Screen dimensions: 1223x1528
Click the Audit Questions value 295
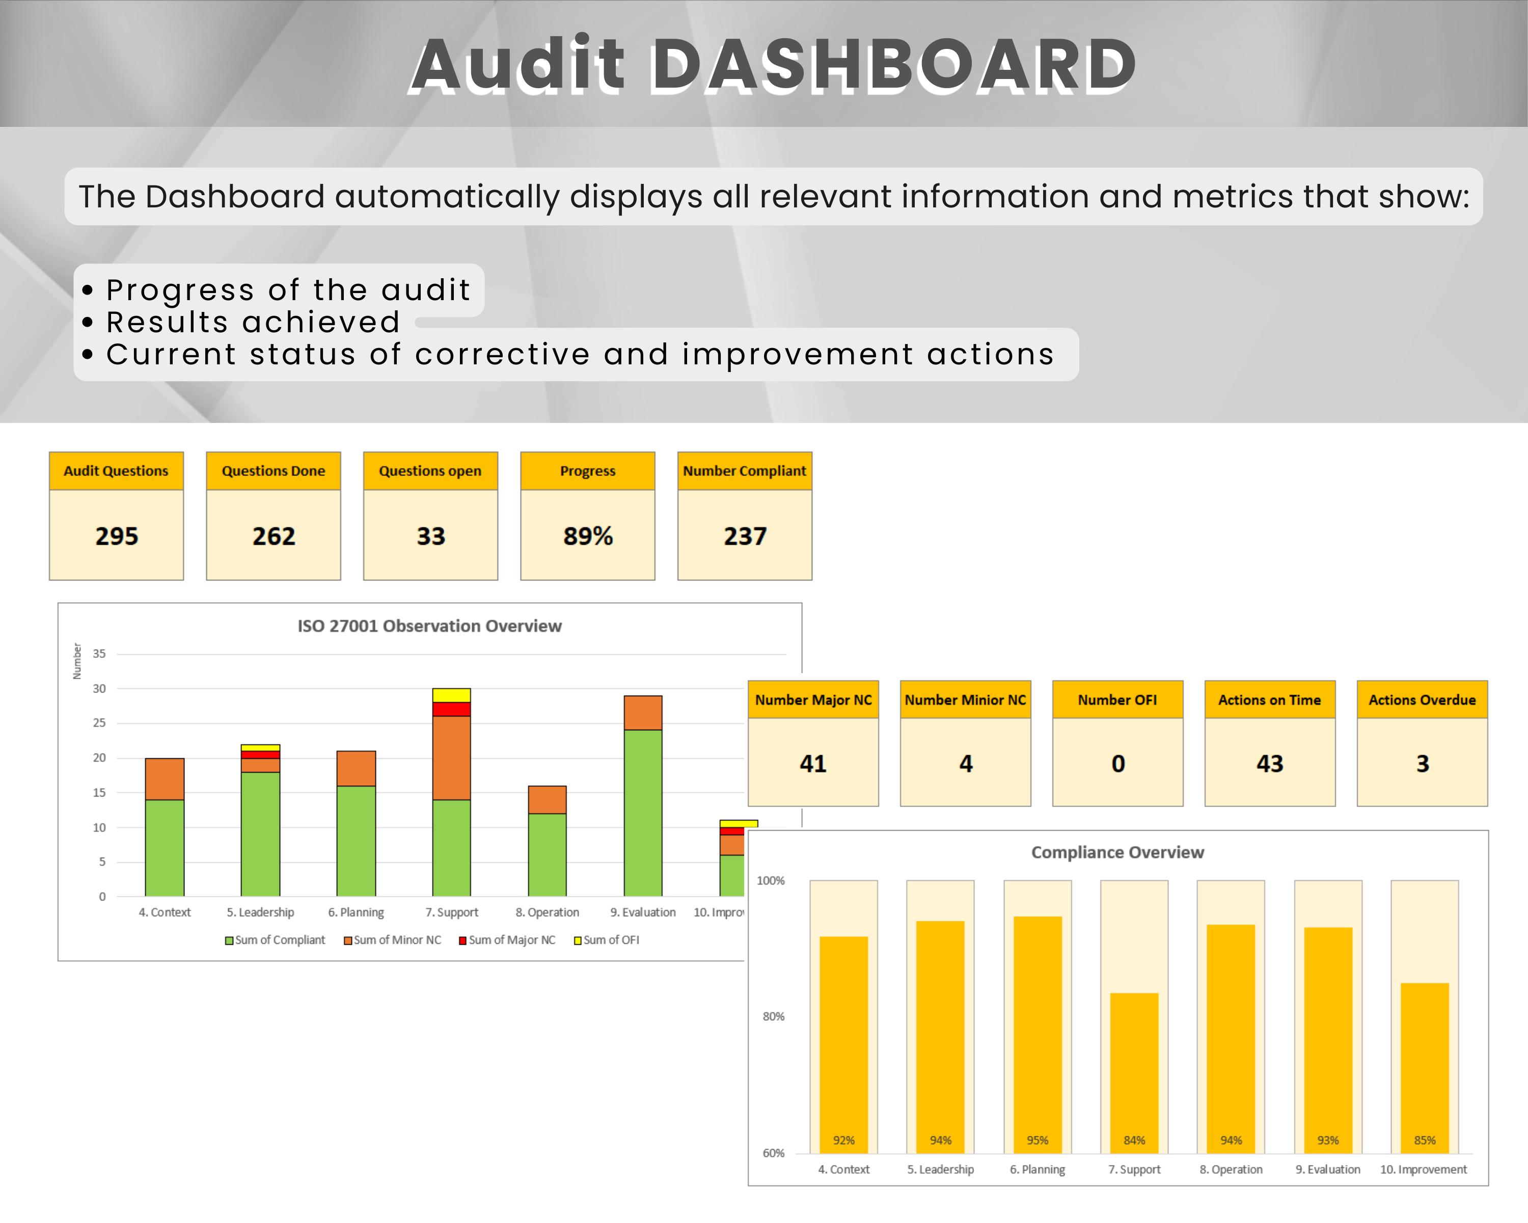point(116,536)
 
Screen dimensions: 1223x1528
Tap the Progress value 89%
point(588,536)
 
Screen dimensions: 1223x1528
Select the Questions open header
point(430,471)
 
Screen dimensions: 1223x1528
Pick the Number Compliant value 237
point(745,536)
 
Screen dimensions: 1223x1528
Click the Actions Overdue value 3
point(1422,763)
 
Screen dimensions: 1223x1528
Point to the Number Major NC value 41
point(813,763)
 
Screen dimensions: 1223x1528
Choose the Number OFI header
point(1117,700)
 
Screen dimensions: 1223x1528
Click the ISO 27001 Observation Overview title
point(429,626)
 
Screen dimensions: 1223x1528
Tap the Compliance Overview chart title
point(1117,852)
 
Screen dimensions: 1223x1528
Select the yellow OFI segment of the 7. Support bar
point(451,695)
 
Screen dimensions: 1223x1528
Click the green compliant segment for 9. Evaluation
point(643,812)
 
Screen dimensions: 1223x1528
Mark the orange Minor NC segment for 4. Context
point(165,779)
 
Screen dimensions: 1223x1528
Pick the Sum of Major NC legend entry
point(507,940)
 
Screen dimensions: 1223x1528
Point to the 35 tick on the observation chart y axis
point(99,654)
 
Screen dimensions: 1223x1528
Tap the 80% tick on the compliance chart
point(773,1016)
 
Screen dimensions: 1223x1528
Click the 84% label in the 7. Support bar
point(1134,1140)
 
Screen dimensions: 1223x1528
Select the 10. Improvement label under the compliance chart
point(1423,1169)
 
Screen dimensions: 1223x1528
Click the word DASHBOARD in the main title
point(893,65)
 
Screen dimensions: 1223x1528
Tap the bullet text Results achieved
point(253,323)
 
